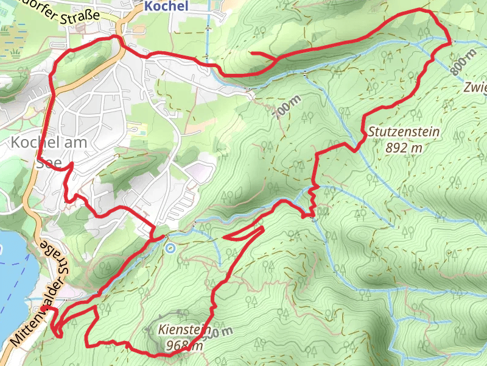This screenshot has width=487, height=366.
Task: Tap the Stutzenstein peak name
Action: [x=404, y=132]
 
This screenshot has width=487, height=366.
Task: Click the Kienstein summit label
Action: [x=180, y=329]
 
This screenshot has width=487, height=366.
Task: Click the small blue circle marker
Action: [x=170, y=248]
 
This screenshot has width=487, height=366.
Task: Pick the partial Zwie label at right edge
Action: [x=475, y=87]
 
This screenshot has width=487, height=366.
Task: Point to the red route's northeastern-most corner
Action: [x=451, y=41]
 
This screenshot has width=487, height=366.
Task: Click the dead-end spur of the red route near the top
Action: [x=252, y=53]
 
